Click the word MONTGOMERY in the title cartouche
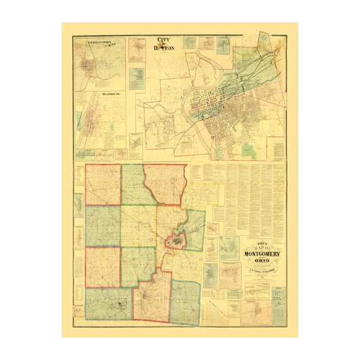262,254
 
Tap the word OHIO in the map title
262,261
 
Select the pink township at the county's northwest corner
103,185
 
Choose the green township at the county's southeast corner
186,302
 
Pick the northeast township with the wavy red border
165,184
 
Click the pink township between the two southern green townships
151,297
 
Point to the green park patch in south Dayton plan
248,150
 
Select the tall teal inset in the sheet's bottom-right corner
279,306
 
